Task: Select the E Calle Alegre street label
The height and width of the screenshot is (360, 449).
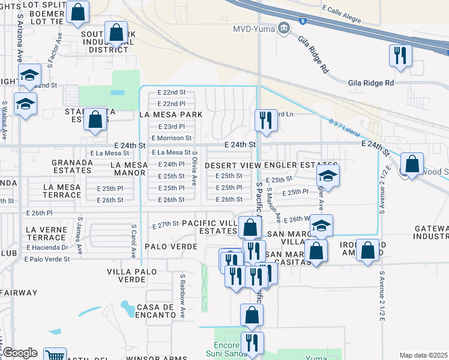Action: pos(343,10)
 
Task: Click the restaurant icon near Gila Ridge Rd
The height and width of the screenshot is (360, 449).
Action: pos(399,56)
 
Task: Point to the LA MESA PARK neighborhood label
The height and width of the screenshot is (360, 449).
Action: pos(170,114)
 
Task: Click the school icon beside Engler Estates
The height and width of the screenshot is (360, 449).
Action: pos(328,176)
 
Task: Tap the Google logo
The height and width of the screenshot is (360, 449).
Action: pos(20,353)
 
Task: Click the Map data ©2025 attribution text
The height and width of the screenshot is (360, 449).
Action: pos(423,355)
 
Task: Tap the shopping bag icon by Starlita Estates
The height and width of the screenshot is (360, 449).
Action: pos(95,119)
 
